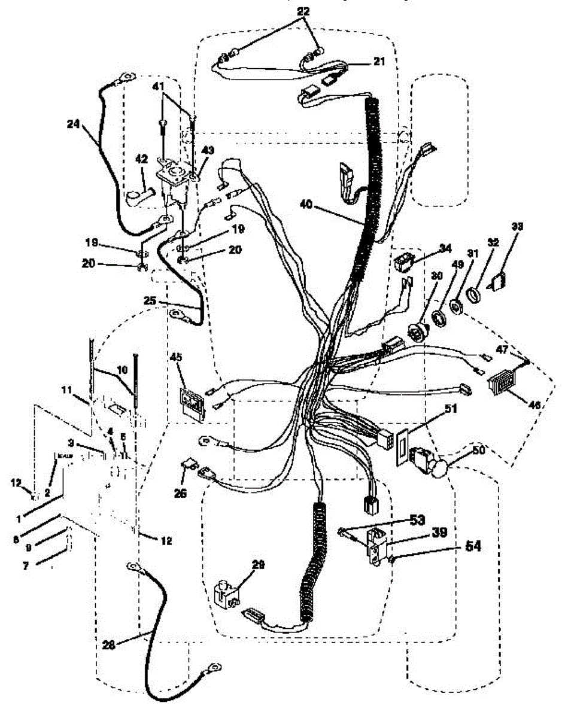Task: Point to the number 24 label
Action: click(73, 126)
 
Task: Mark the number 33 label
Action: click(516, 227)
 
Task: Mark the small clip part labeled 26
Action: click(190, 465)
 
